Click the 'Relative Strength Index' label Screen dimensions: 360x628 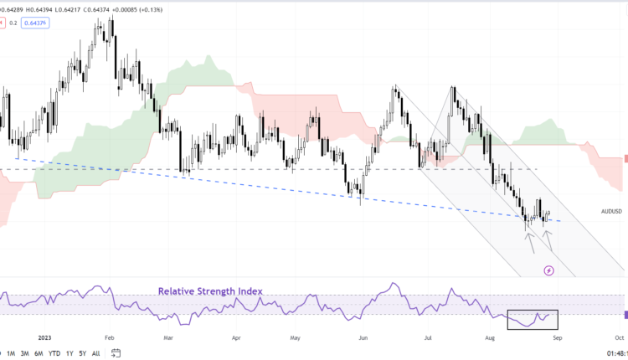point(210,291)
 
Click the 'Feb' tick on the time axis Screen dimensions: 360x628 point(109,338)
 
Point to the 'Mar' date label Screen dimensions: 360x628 point(168,338)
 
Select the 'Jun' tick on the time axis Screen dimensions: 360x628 point(363,338)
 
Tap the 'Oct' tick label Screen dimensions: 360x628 point(620,338)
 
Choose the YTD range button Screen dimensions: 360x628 point(54,353)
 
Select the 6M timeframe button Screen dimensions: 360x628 point(38,353)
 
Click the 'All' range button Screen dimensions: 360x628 point(95,353)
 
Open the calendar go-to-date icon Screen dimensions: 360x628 point(116,353)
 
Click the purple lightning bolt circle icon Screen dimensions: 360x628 point(549,270)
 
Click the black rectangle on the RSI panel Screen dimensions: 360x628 point(532,318)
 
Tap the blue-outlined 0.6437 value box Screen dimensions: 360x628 point(37,23)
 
